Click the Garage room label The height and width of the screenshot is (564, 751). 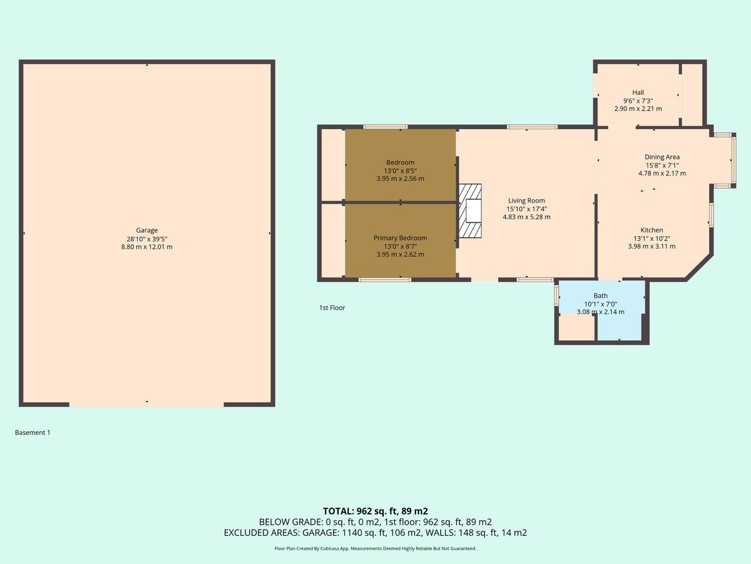point(147,231)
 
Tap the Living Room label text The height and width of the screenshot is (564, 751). point(526,201)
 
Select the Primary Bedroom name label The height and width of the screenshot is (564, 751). point(401,238)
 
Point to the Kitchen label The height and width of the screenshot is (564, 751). point(651,230)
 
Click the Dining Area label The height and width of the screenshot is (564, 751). point(662,157)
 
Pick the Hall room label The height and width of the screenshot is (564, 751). point(638,93)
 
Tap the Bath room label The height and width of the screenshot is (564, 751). point(600,296)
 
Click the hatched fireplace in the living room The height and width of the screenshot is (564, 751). point(470,211)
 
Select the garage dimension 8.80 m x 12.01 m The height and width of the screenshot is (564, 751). point(147,247)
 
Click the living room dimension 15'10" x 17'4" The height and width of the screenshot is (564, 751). point(526,209)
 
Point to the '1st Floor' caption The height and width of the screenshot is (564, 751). point(332,308)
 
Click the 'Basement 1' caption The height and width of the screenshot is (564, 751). point(33,432)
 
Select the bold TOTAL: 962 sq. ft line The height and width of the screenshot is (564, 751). point(375,511)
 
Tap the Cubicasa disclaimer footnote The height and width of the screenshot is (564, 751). point(375,548)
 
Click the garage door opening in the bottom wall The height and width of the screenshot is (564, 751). point(146,404)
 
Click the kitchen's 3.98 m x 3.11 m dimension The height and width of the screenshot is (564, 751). point(651,246)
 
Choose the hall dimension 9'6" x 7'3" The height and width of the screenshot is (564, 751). point(638,101)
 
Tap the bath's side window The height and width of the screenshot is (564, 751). point(556,296)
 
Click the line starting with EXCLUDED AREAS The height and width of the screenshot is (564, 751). point(375,533)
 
